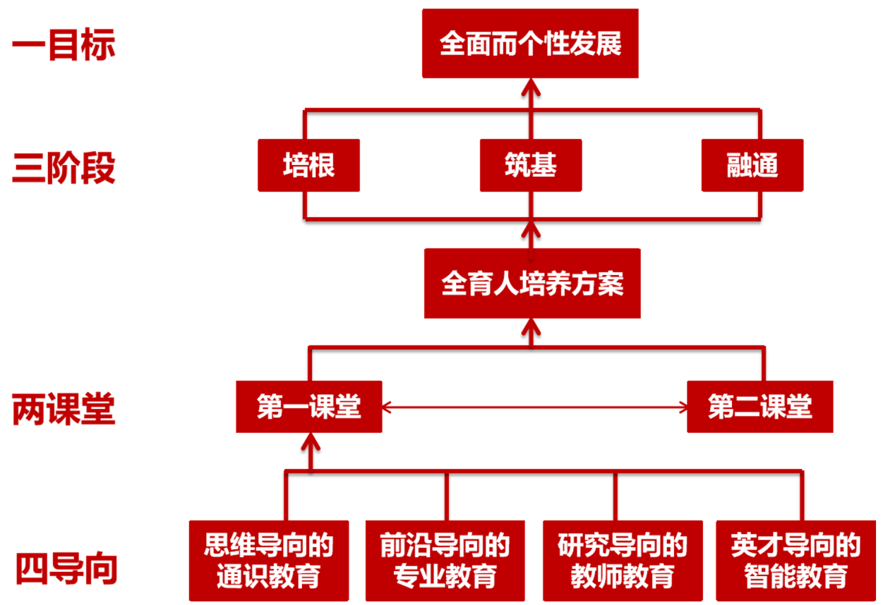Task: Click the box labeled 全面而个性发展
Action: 530,44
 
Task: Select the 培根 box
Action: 308,166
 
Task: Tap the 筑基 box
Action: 531,166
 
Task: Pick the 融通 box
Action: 752,166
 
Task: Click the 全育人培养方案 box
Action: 532,283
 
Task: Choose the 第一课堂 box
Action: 308,407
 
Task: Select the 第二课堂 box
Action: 759,407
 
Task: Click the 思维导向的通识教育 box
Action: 269,561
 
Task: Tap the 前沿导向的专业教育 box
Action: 445,561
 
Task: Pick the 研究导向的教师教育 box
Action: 622,561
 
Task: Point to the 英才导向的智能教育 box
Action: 795,561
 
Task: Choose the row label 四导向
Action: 67,568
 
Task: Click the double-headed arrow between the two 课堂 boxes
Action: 534,407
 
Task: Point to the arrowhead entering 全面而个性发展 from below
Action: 531,87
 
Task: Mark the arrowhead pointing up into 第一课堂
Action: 309,442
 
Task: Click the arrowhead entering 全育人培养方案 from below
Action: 531,326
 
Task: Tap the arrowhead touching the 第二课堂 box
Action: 680,407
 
